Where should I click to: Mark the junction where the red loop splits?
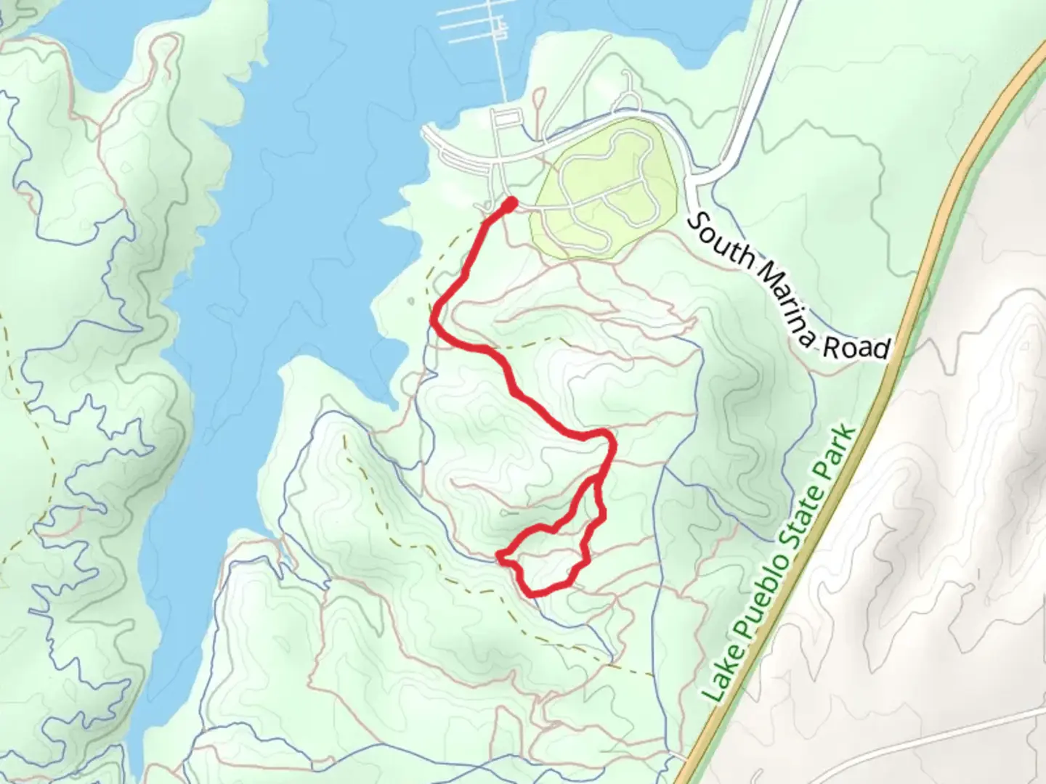coord(598,479)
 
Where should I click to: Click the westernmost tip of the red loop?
coord(500,557)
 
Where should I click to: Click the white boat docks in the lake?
coord(472,25)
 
